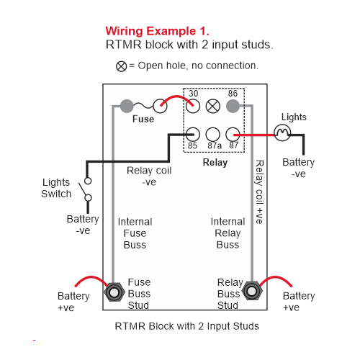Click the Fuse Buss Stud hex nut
pos(114,292)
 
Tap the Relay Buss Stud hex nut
pos(252,291)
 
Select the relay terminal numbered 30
pos(193,106)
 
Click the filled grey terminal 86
pos(233,106)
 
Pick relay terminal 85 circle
pos(193,135)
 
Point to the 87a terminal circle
pos(213,135)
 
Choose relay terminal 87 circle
pos(233,135)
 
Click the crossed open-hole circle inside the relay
pos(213,106)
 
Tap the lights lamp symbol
pos(282,132)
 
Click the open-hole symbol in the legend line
pos(121,66)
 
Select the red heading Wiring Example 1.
pos(158,31)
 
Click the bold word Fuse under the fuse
pos(143,119)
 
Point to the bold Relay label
pos(215,163)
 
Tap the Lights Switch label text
pos(56,188)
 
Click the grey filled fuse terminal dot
pos(127,106)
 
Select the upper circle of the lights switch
pos(88,181)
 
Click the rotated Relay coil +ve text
pos(259,192)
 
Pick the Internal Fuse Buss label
pos(135,233)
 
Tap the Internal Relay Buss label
pos(228,233)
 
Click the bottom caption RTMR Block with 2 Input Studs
pos(187,326)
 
